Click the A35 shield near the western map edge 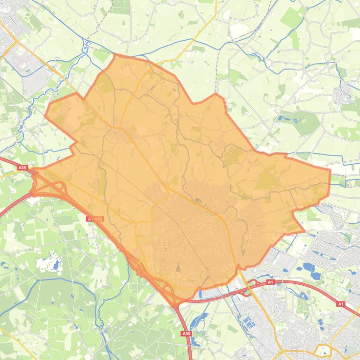[x=22, y=167]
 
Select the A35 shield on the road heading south [x=186, y=333]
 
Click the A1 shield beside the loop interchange [x=270, y=282]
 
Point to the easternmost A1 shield [x=340, y=304]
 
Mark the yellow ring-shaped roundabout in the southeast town [x=322, y=350]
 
